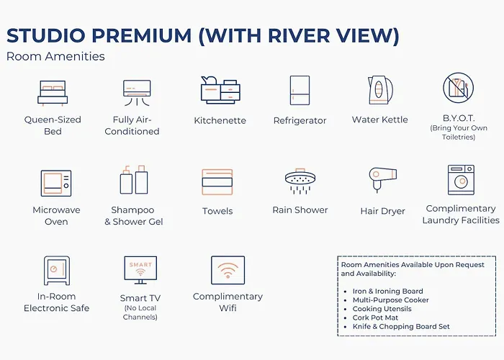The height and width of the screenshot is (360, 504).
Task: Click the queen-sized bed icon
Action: click(53, 93)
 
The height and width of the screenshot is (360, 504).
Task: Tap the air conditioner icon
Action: click(137, 93)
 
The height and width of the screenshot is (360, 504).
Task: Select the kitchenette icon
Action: click(220, 90)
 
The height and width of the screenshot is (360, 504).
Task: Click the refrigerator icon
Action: click(300, 90)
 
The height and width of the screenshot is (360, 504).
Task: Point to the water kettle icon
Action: click(380, 90)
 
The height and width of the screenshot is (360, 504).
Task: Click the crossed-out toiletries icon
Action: click(458, 87)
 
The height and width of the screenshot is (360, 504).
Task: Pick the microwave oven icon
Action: click(56, 183)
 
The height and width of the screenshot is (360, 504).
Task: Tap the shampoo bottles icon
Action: click(134, 180)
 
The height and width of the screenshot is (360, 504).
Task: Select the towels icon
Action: click(217, 182)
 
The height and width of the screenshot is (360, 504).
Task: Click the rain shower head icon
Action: click(300, 181)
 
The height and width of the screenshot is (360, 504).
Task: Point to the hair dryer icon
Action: click(382, 179)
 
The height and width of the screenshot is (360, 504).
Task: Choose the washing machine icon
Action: click(461, 180)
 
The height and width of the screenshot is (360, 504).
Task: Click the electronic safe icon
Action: click(57, 271)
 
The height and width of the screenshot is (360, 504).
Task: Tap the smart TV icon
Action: click(140, 270)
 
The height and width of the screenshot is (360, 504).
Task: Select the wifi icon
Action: click(228, 270)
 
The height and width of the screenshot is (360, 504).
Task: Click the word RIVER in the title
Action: click(299, 35)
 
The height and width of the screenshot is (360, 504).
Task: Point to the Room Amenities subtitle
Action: click(55, 56)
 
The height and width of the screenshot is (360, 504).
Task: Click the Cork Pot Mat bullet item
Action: click(375, 318)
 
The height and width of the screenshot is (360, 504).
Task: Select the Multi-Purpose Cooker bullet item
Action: click(390, 300)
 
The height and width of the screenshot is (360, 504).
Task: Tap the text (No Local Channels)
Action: click(140, 312)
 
